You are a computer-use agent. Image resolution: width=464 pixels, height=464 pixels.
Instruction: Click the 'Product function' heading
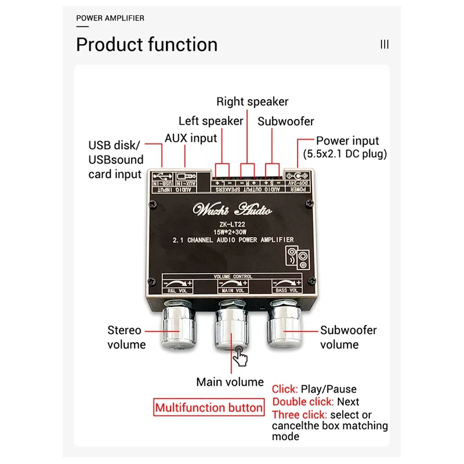pos(147,45)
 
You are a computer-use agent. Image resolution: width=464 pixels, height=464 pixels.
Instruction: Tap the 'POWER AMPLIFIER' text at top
pos(110,18)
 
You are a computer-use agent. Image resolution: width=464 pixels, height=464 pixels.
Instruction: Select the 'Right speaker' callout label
pos(252,102)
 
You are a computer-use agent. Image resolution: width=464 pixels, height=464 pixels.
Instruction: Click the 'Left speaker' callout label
pos(211,121)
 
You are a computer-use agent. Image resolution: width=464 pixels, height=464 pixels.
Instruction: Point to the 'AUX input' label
pos(191,138)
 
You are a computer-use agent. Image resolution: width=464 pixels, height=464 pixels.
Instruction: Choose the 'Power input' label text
pos(347,140)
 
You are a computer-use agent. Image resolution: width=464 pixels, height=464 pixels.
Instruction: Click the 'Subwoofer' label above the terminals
pos(286,121)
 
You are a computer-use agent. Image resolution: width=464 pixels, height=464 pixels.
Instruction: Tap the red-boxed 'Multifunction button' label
pos(209,408)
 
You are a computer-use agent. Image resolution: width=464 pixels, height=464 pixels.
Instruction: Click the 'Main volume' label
pos(230,382)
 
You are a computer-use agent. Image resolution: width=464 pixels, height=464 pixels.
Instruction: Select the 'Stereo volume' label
pos(125,338)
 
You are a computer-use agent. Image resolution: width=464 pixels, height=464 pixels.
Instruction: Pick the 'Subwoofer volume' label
pos(349,337)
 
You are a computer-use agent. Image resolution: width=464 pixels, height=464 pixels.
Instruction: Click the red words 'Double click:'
pos(303,402)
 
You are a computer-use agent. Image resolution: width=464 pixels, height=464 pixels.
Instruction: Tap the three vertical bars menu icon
pos(385,45)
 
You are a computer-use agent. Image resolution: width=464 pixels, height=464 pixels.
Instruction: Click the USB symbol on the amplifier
pos(162,176)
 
